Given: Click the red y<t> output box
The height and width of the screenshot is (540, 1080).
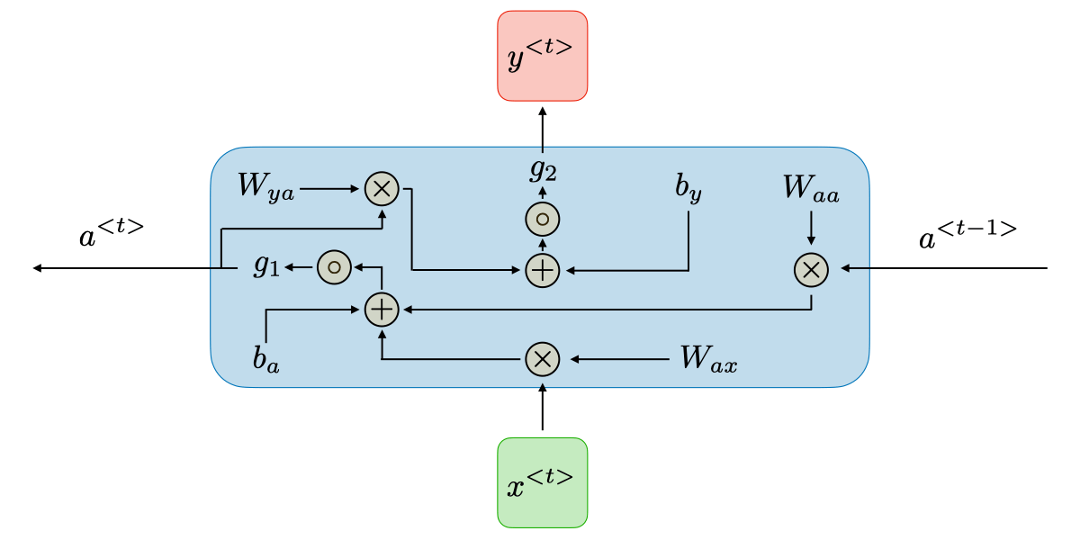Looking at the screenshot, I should pos(542,56).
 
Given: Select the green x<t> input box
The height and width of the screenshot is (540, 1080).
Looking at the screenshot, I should pos(542,482).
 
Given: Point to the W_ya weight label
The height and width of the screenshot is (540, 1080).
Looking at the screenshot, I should pos(265,187).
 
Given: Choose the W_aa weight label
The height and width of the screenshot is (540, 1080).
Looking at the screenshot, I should pos(811,189).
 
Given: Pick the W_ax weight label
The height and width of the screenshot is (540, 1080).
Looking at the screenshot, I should pos(708,359).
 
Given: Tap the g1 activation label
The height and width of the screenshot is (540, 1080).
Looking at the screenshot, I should pos(266,265).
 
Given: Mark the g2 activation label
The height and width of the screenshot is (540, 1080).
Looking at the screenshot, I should pos(543,168).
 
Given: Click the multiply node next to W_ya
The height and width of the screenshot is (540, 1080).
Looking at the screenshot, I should pos(382,189).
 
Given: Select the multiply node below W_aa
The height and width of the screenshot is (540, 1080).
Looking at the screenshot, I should pos(811,268).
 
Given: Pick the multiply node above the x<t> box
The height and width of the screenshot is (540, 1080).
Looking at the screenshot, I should pos(542,359).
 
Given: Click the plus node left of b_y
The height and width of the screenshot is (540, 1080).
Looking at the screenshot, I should pos(542,269).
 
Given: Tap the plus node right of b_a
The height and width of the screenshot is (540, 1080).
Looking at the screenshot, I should pos(382,310).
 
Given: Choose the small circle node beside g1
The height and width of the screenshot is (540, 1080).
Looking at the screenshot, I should pos(333,266).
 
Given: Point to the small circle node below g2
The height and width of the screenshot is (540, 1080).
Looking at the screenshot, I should pos(542,219).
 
